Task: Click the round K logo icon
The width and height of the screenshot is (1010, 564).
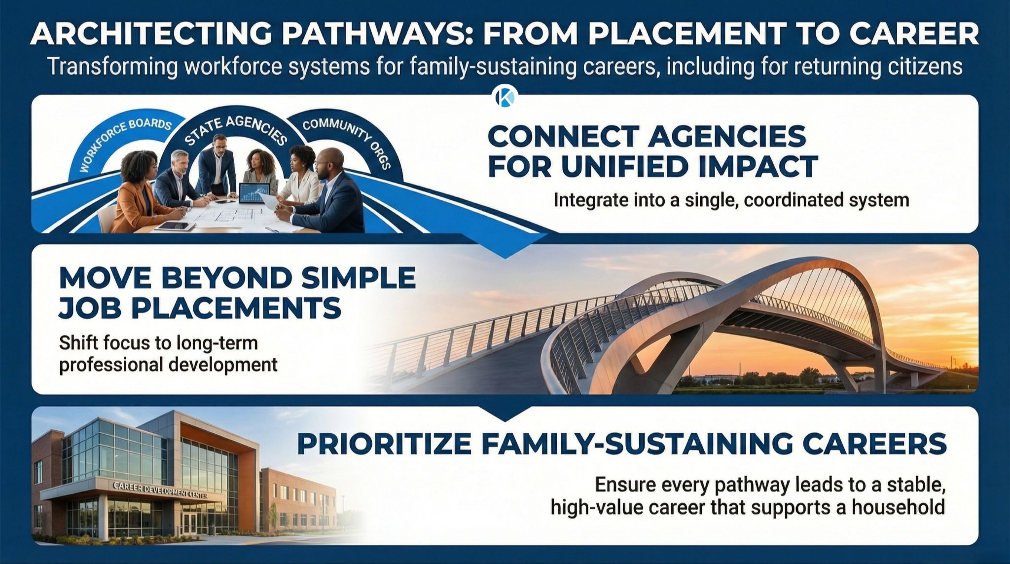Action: (x=505, y=96)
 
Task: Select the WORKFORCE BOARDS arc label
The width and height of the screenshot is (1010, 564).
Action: (x=123, y=143)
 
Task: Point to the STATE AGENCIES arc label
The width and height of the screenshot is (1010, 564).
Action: (x=236, y=129)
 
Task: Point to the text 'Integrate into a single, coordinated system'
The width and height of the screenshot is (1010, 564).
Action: (x=731, y=200)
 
